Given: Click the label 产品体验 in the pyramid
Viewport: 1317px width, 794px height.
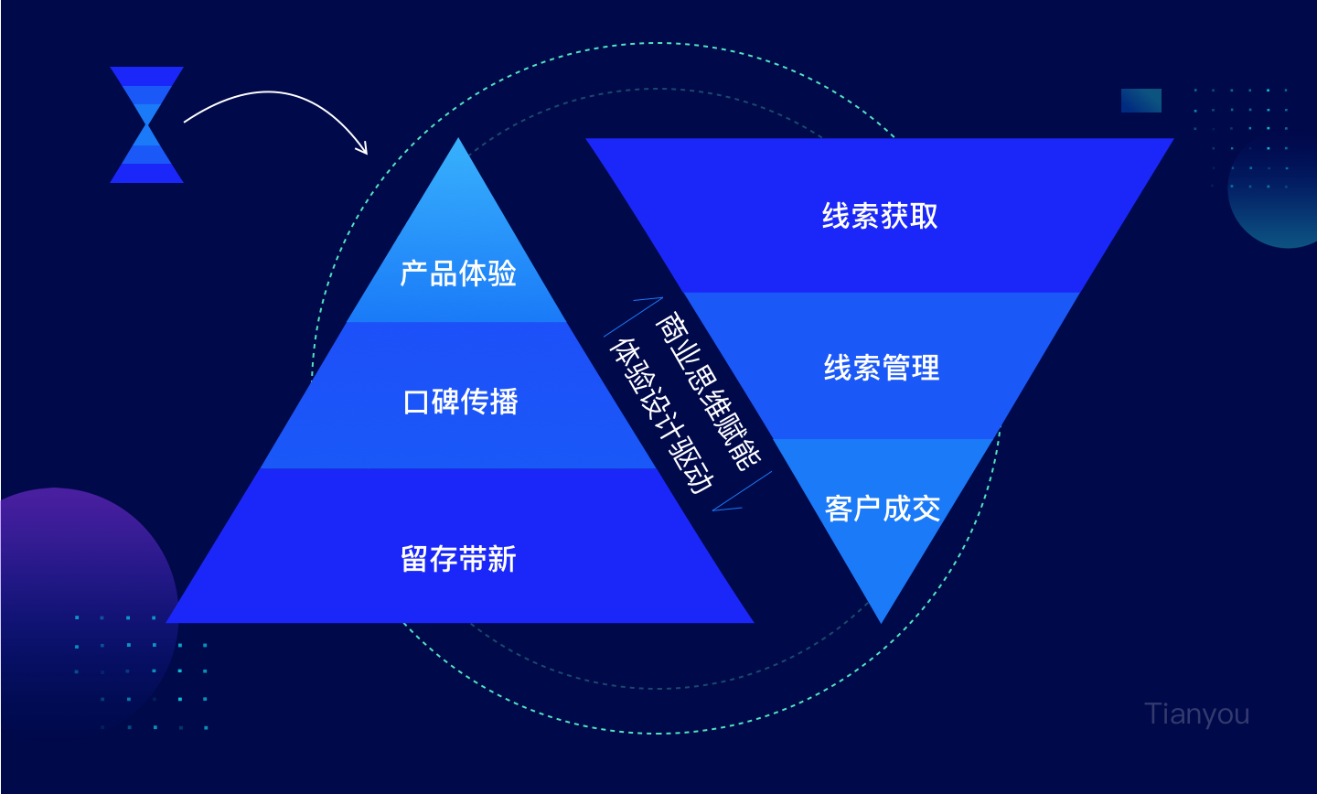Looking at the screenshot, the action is [458, 274].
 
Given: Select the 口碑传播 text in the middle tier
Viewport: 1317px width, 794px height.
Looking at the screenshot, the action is [460, 402].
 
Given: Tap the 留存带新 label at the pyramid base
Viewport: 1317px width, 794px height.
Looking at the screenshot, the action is [458, 559].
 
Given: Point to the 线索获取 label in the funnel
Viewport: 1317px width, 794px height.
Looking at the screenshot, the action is [880, 216].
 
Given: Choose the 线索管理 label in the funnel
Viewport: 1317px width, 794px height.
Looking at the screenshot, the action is [882, 368].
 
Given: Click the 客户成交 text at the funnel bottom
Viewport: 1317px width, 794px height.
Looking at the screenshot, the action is [883, 509].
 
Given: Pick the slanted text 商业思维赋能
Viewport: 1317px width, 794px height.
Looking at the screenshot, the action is [709, 392].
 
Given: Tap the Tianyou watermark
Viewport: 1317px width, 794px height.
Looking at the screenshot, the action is [1196, 714].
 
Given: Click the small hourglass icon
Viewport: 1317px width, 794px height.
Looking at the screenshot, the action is [147, 124].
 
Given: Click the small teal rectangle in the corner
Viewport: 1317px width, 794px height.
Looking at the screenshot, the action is [1141, 101].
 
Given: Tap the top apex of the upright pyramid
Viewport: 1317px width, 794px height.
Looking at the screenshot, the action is [458, 138].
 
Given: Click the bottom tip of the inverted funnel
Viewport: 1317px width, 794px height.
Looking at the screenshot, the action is [881, 623].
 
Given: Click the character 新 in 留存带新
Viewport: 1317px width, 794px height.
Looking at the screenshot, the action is [502, 559].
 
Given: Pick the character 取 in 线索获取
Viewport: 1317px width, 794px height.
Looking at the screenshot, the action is [924, 216].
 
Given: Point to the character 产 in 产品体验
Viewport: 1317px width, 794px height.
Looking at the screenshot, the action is [414, 274].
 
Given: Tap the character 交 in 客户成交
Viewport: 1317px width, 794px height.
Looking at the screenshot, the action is [926, 509].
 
